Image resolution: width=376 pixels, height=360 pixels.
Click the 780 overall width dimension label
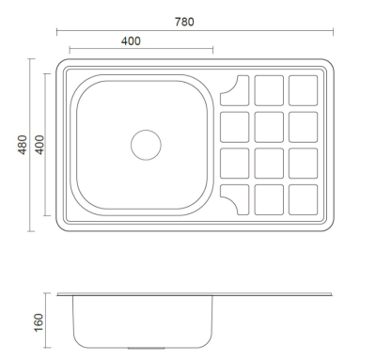[184, 22]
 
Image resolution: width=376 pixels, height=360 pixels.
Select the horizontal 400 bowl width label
[131, 41]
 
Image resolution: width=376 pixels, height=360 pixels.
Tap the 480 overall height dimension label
[23, 145]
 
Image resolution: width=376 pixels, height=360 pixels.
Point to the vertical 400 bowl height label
[39, 145]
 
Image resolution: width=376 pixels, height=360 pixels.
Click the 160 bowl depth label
[39, 322]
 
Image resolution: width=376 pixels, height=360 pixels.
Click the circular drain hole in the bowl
[146, 145]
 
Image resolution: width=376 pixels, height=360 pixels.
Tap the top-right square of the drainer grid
[304, 90]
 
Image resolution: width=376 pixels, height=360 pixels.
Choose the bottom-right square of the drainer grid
[304, 200]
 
